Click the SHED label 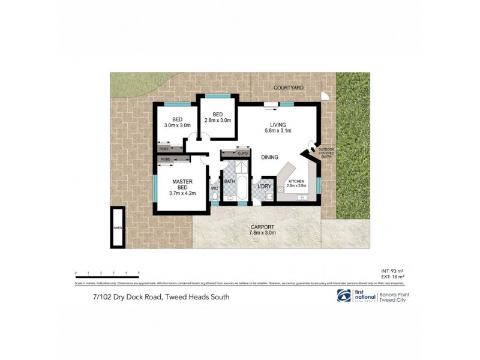click(118, 229)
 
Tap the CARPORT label click(263, 227)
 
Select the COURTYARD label click(289, 88)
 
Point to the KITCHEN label click(297, 181)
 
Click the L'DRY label click(265, 186)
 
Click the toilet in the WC click(215, 198)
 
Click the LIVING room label click(278, 125)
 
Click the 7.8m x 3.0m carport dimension click(263, 233)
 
